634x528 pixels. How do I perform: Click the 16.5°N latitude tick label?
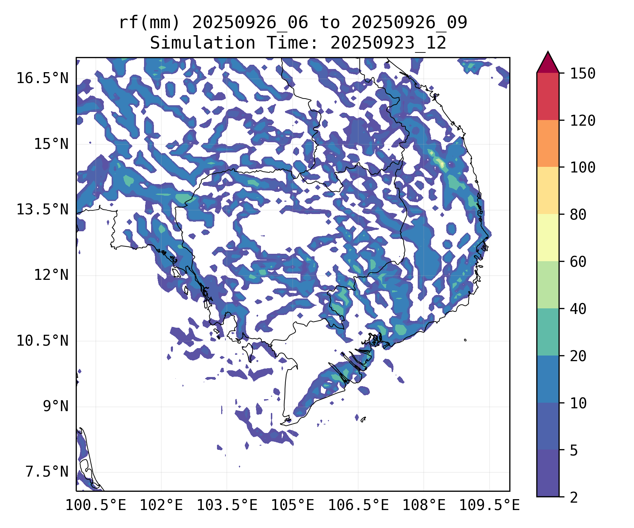[42, 78]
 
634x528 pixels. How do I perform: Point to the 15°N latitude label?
[51, 144]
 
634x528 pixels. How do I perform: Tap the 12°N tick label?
[51, 275]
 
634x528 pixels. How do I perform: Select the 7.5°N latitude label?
[47, 472]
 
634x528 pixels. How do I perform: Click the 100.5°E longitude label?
[96, 505]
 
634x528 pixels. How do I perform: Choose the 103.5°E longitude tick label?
[227, 505]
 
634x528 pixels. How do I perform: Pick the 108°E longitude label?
[424, 505]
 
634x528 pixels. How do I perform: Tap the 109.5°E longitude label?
[490, 505]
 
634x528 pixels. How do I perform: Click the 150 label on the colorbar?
[583, 74]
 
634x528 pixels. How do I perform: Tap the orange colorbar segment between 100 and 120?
[548, 143]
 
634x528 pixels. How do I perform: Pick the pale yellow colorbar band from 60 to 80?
[548, 238]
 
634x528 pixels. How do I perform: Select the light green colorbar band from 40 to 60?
[548, 285]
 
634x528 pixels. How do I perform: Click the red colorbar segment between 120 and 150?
[548, 96]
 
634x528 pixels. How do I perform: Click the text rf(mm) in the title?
[149, 23]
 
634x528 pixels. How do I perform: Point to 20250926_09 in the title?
[409, 23]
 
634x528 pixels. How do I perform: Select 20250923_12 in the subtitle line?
[388, 43]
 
